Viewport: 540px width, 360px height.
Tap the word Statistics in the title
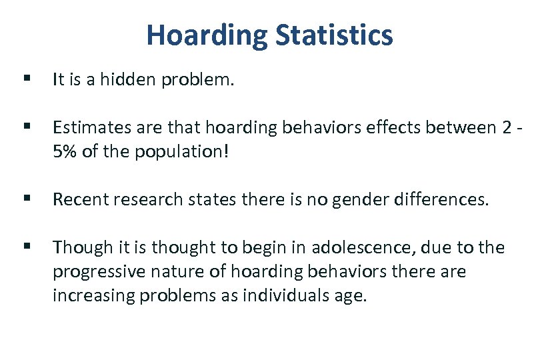point(333,35)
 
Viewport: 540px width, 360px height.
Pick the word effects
point(380,127)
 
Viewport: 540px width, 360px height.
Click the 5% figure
point(65,151)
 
